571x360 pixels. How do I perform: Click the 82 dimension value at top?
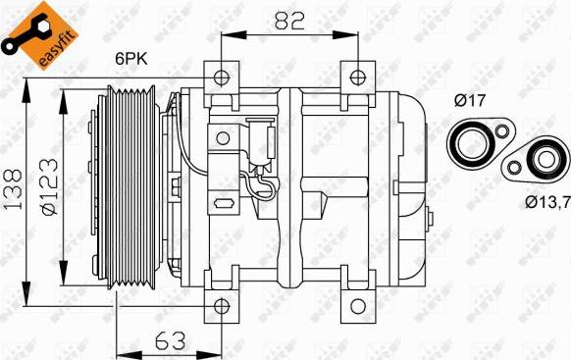(x=286, y=19)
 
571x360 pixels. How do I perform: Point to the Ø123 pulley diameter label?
(x=49, y=186)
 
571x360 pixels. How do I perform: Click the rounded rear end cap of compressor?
(x=412, y=186)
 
